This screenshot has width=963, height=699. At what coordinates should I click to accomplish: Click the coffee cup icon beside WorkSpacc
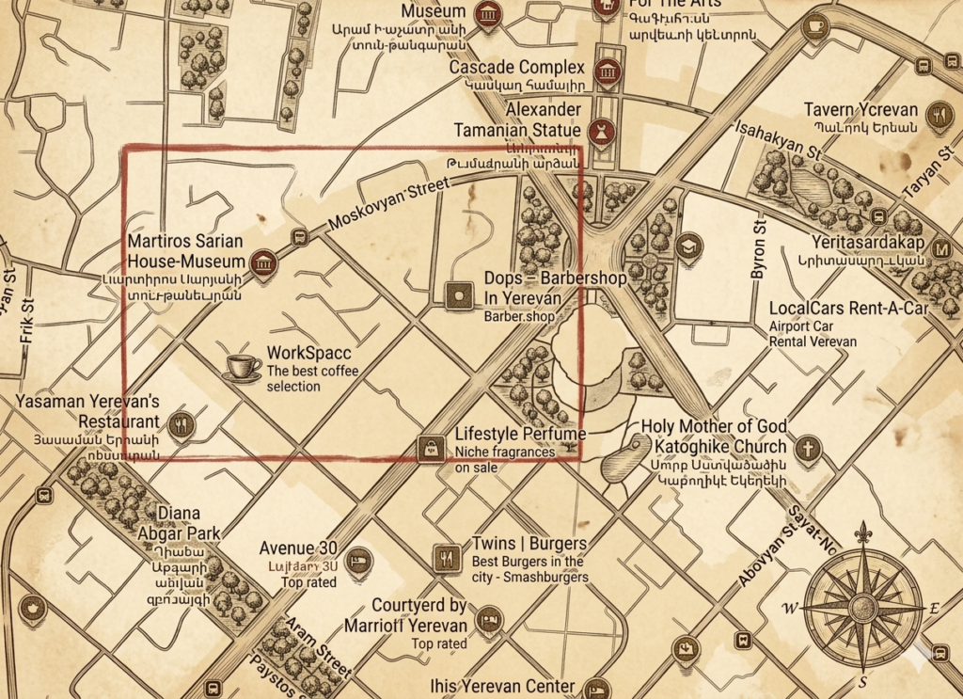(x=243, y=368)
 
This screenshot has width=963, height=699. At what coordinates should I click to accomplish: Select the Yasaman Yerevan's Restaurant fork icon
(x=181, y=424)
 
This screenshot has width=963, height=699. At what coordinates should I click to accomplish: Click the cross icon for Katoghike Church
(x=807, y=449)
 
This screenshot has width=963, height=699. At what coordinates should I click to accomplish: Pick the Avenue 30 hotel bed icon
(x=358, y=561)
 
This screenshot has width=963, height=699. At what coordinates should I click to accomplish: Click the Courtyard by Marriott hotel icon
(x=489, y=620)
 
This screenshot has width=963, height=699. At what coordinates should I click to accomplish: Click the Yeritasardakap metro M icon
(x=942, y=250)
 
